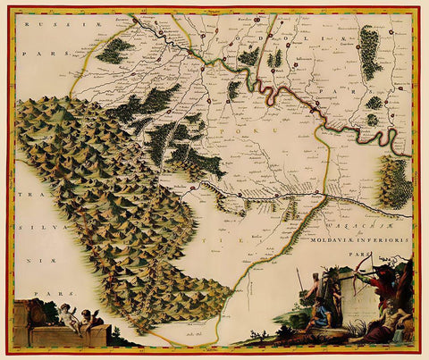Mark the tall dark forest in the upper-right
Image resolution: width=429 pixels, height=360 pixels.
pos(368,50)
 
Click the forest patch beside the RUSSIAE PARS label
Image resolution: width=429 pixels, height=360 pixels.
pos(114,51)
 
